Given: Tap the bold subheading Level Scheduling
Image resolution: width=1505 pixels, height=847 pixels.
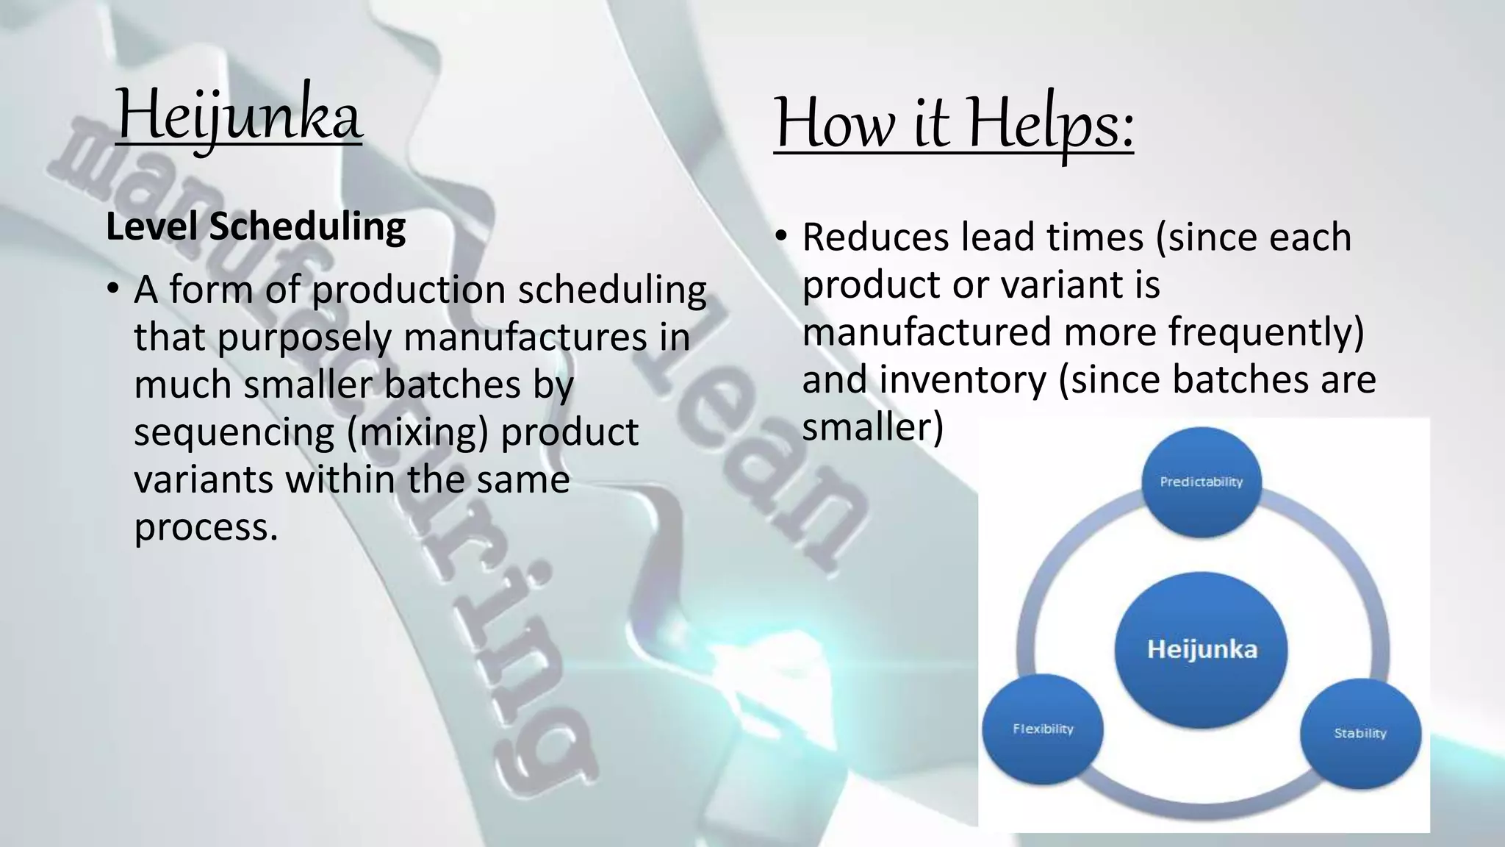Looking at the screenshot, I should [256, 226].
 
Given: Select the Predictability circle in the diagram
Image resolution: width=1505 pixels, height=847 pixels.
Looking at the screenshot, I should [1201, 482].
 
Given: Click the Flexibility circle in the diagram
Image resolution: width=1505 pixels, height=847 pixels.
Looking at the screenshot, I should [1043, 729].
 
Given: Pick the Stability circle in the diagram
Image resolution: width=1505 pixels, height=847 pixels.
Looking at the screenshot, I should [1360, 733].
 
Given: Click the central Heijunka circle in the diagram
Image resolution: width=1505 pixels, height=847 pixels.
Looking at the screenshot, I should [1202, 650].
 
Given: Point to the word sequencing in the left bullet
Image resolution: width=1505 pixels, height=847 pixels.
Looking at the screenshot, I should [234, 432].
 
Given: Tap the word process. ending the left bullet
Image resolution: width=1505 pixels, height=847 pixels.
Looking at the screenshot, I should [206, 527].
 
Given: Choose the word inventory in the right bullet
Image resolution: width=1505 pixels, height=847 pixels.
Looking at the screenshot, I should [963, 380].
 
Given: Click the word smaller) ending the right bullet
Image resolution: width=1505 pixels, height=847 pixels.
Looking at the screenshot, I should [872, 427].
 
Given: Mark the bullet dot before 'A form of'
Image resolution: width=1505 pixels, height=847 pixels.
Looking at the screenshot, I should [112, 289].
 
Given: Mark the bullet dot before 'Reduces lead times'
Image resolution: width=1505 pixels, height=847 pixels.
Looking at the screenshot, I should [780, 237].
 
